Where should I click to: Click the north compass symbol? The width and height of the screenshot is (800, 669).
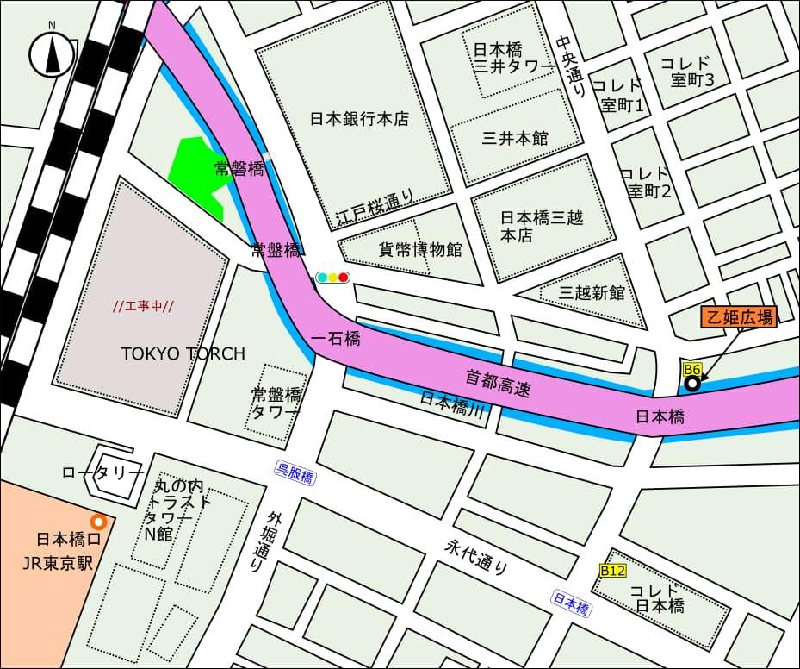click(x=52, y=54)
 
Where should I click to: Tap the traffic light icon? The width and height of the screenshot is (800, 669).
click(x=332, y=278)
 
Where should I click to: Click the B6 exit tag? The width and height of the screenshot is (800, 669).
click(x=692, y=370)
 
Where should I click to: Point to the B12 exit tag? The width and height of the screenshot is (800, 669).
click(x=612, y=571)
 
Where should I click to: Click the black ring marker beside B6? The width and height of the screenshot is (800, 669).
click(x=691, y=385)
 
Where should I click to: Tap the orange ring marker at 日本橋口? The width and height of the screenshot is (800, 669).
click(x=99, y=522)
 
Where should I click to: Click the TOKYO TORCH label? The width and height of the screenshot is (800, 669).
click(x=183, y=353)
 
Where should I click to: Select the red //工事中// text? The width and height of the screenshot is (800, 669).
click(x=144, y=306)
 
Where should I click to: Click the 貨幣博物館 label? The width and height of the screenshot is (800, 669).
click(x=420, y=250)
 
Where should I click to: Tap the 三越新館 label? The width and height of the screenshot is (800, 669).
click(x=592, y=292)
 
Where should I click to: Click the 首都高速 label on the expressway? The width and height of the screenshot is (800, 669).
click(x=498, y=383)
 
